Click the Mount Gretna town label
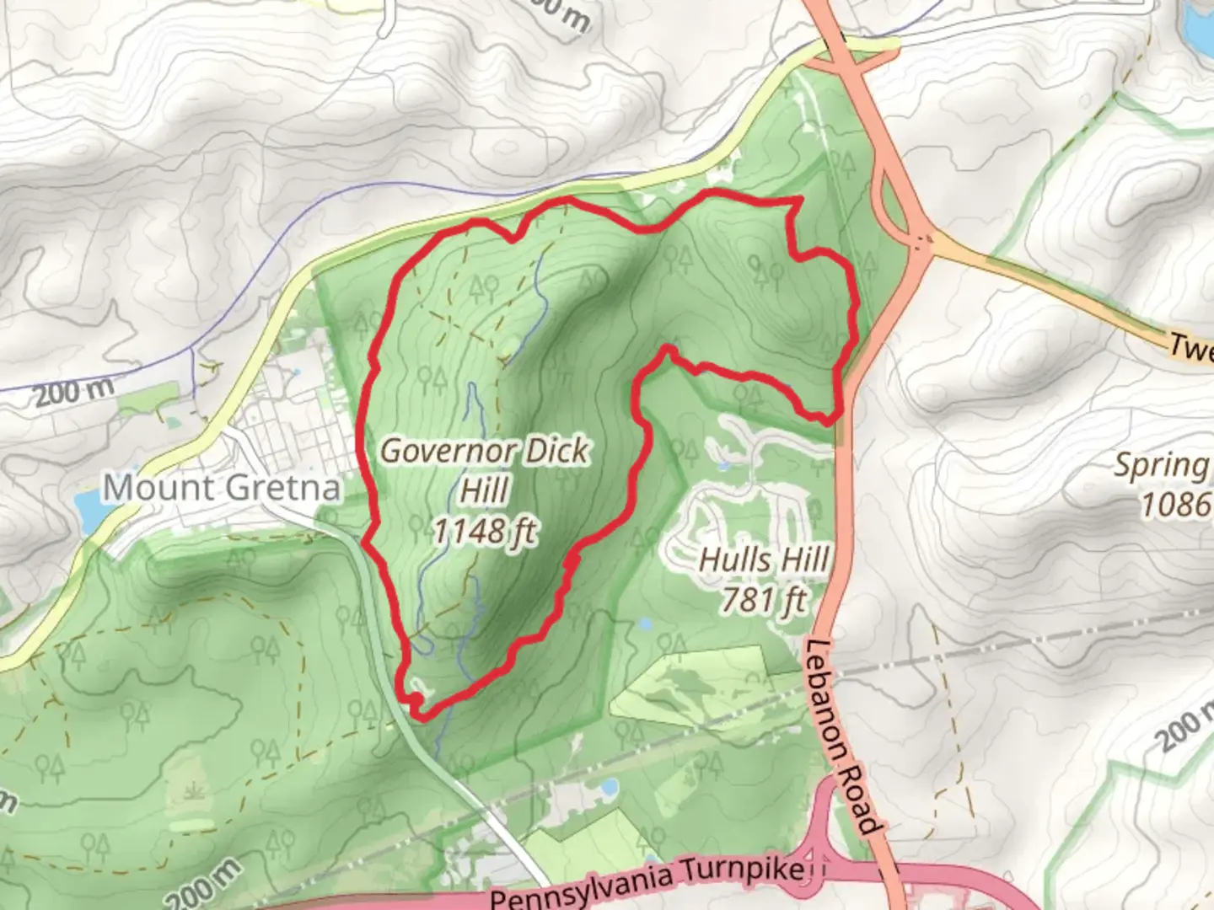pyautogui.click(x=222, y=488)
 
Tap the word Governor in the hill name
pyautogui.click(x=447, y=451)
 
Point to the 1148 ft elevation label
pyautogui.click(x=485, y=531)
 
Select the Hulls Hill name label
pyautogui.click(x=764, y=559)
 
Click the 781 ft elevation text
pyautogui.click(x=764, y=599)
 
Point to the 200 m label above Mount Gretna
pyautogui.click(x=74, y=390)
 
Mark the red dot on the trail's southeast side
pyautogui.click(x=572, y=559)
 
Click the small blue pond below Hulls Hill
pyautogui.click(x=646, y=625)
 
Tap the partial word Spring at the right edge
pyautogui.click(x=1162, y=465)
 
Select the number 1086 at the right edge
pyautogui.click(x=1175, y=505)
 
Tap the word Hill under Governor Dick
pyautogui.click(x=485, y=490)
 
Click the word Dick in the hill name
pyautogui.click(x=556, y=451)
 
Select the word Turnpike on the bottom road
pyautogui.click(x=742, y=873)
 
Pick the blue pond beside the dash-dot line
pyautogui.click(x=605, y=787)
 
